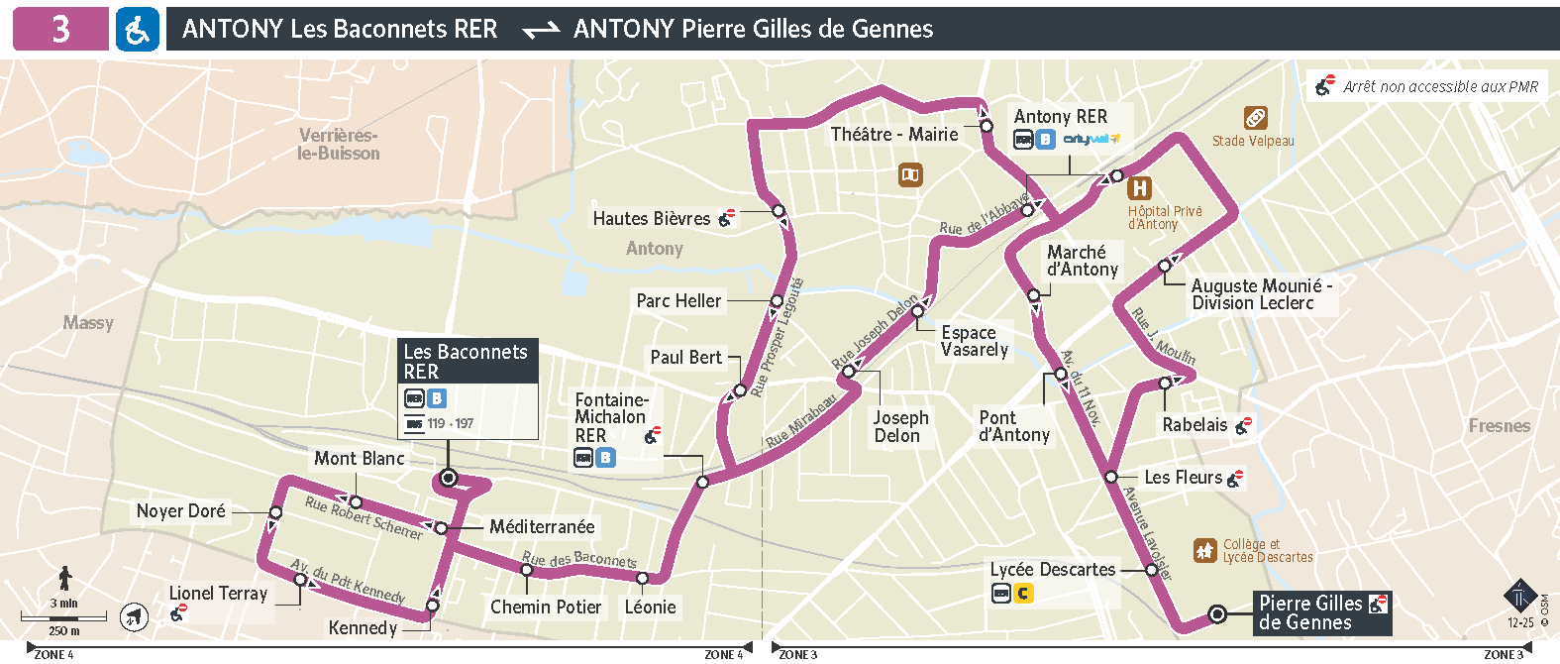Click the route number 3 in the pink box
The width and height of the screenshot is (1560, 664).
tap(60, 29)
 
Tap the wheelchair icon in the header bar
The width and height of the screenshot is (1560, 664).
tap(137, 30)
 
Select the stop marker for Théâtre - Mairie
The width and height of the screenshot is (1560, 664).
tap(987, 126)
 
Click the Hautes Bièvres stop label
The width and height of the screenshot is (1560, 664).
tap(651, 219)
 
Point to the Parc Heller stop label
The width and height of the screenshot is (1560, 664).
tap(678, 300)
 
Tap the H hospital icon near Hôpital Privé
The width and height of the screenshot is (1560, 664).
tap(1140, 188)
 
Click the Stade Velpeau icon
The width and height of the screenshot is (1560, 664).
tap(1255, 118)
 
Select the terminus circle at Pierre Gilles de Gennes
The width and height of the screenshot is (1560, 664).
tap(1217, 614)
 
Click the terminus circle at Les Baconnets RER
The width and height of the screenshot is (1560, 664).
tap(448, 478)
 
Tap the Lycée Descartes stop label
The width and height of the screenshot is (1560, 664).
tap(1052, 570)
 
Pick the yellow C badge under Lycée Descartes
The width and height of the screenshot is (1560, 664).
tap(1023, 594)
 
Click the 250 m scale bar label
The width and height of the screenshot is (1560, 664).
tap(64, 630)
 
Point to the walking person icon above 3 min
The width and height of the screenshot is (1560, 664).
tap(65, 578)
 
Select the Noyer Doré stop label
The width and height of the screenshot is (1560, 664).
tap(180, 511)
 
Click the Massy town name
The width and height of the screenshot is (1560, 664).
tap(88, 323)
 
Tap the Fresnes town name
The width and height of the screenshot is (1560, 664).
tap(1499, 426)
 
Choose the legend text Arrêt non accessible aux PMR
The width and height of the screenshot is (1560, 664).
tap(1440, 86)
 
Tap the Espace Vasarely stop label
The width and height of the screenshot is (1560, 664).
tap(974, 341)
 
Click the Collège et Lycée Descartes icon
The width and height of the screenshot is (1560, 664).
tap(1204, 550)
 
